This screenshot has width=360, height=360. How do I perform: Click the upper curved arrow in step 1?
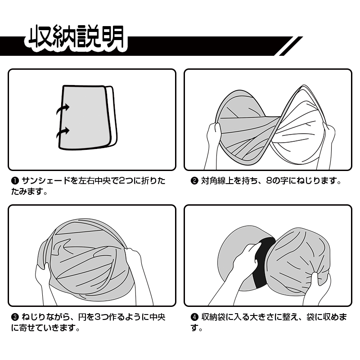63,109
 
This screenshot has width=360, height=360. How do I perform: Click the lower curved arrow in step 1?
63,133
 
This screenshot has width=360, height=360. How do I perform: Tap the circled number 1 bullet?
15,181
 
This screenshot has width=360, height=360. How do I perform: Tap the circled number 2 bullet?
194,181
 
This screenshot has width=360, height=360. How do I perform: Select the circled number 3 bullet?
15,318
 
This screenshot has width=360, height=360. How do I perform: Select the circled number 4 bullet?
194,318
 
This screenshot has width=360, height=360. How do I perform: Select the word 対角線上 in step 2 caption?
217,181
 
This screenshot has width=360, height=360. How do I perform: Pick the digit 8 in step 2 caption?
269,181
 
